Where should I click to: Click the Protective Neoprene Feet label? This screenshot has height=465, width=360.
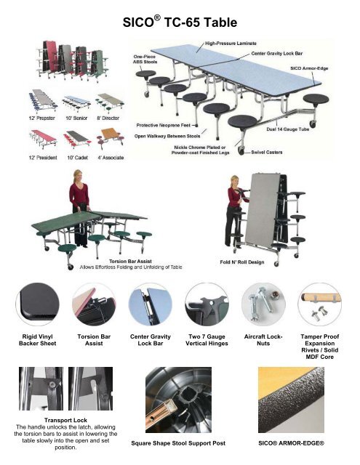tap(164, 124)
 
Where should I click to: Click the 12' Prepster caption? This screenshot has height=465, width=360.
tap(43, 117)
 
